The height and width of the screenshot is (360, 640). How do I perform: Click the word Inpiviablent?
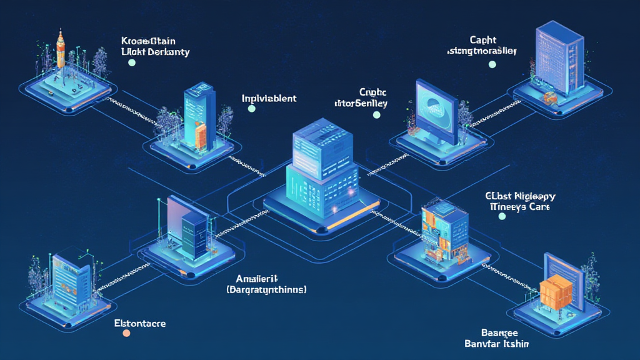pos(269,98)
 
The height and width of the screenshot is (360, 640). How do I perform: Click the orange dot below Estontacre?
pos(126,334)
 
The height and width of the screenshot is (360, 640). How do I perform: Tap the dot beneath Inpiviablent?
pos(251,109)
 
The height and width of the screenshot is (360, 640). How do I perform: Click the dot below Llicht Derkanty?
pos(131,62)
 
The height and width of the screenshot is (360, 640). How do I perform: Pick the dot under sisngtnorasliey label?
pos(492,64)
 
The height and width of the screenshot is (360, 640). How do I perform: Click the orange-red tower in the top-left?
pos(61,48)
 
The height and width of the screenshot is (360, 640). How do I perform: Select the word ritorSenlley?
pos(361,103)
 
